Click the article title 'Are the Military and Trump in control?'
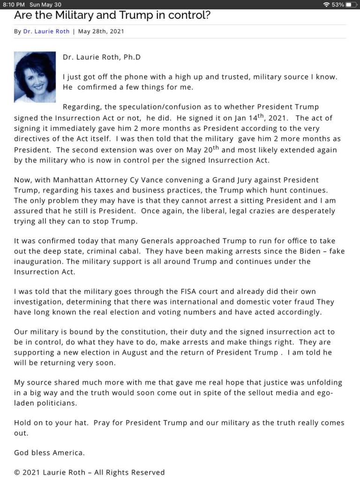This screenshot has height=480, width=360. coord(112,15)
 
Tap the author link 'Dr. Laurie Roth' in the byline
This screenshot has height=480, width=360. coord(46,31)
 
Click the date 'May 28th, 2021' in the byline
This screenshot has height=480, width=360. coord(101,31)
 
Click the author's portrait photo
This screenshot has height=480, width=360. coord(35,77)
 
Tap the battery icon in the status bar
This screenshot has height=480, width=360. coord(352,5)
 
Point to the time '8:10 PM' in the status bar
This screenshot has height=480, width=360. coord(14,5)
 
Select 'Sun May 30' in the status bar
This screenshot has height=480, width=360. coord(45,5)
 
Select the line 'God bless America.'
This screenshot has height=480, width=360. coord(49,453)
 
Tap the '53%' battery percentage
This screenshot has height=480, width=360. coord(337,5)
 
